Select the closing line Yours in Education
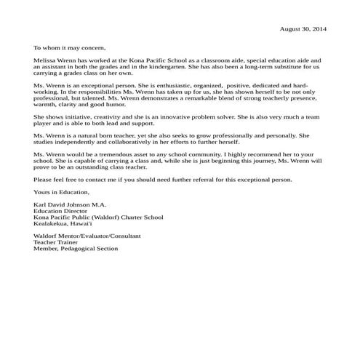pyautogui.click(x=61, y=192)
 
